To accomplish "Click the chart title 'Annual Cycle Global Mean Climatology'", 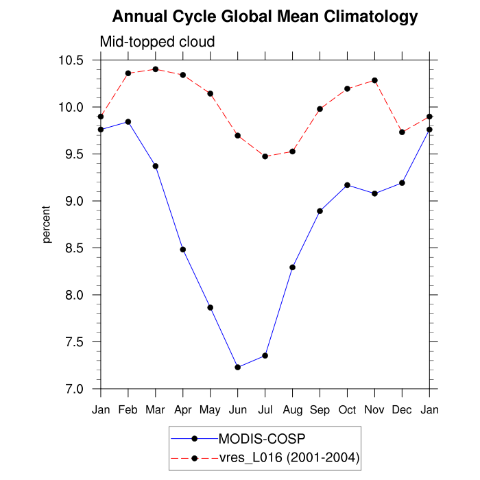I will tap(265, 16).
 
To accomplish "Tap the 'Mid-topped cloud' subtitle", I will tap(158, 42).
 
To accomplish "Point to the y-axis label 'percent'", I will tap(47, 225).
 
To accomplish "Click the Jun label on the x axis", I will tap(237, 410).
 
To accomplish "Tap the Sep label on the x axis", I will tap(320, 410).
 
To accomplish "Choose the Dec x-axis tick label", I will tap(402, 410).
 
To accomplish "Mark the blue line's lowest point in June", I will tap(237, 368).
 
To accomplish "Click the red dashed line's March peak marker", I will tap(156, 69).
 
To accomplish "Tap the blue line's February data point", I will tap(128, 122).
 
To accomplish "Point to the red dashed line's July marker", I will tap(265, 156).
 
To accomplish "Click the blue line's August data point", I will tap(292, 267).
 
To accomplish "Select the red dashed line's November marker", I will tap(374, 80).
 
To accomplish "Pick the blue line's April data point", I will tap(183, 250).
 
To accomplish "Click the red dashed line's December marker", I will tap(402, 132).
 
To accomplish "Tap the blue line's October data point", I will tap(347, 185).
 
